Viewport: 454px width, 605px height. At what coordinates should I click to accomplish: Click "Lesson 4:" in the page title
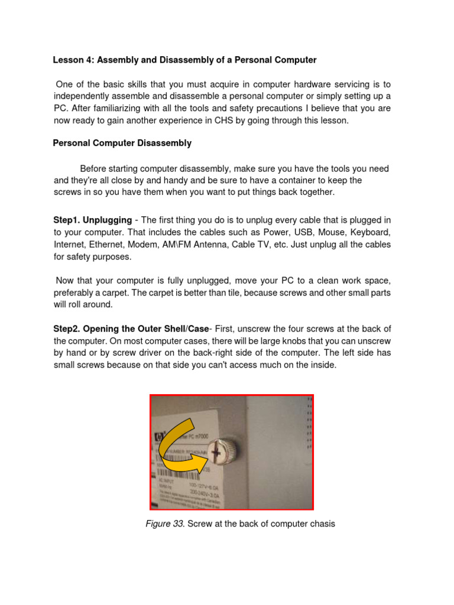(73, 60)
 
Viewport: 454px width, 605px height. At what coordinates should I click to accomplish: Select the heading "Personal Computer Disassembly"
(122, 143)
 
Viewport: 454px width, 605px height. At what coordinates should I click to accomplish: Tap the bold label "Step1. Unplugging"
(92, 220)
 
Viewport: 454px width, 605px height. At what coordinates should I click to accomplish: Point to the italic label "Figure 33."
(166, 523)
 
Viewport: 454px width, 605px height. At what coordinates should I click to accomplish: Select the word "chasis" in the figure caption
(321, 523)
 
